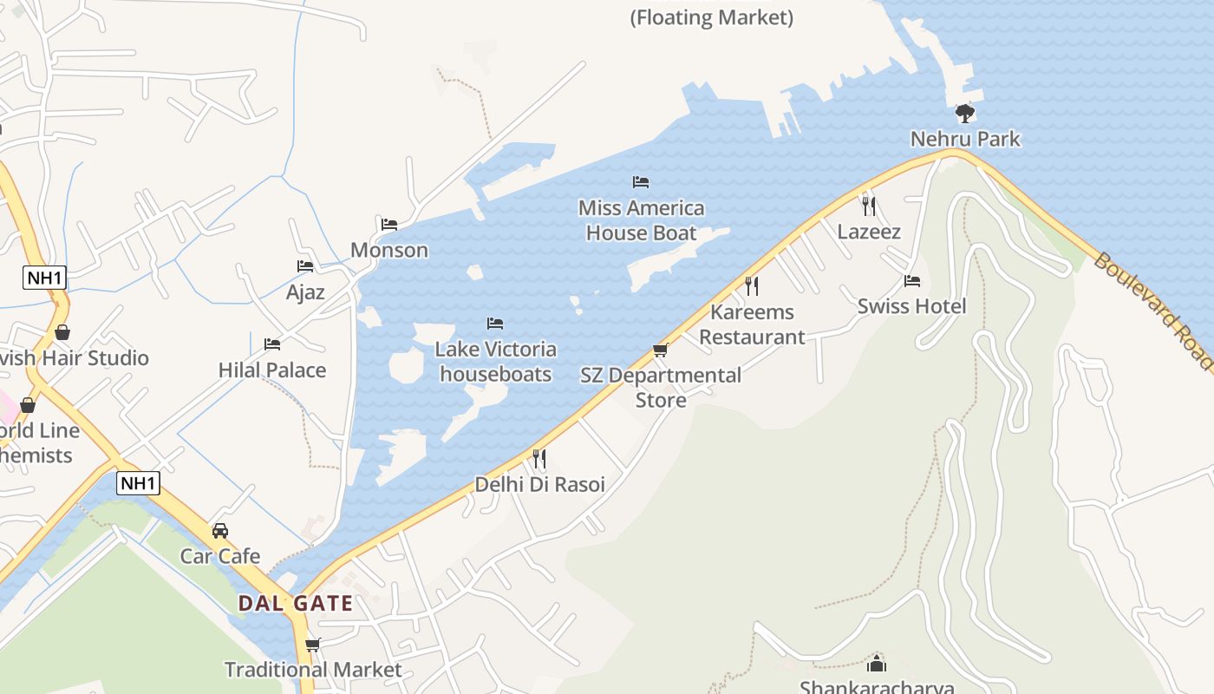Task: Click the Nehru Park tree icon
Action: point(964,114)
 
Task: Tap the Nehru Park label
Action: point(965,139)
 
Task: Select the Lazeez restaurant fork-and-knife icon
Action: point(869,206)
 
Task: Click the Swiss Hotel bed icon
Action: point(911,281)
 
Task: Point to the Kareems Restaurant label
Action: point(752,324)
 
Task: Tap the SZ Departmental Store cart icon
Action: point(661,350)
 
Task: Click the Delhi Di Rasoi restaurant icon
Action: point(539,458)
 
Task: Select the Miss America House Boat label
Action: point(641,220)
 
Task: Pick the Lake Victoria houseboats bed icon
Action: point(495,324)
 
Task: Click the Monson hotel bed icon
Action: point(389,225)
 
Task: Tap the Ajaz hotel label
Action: point(305,291)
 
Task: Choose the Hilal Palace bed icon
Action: point(272,344)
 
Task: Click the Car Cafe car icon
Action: point(220,530)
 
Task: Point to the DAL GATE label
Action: point(295,604)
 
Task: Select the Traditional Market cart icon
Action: point(313,645)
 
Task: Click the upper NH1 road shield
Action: point(45,278)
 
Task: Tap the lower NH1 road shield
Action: point(139,483)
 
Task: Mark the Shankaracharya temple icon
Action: point(877,664)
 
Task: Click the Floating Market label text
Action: point(711,17)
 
